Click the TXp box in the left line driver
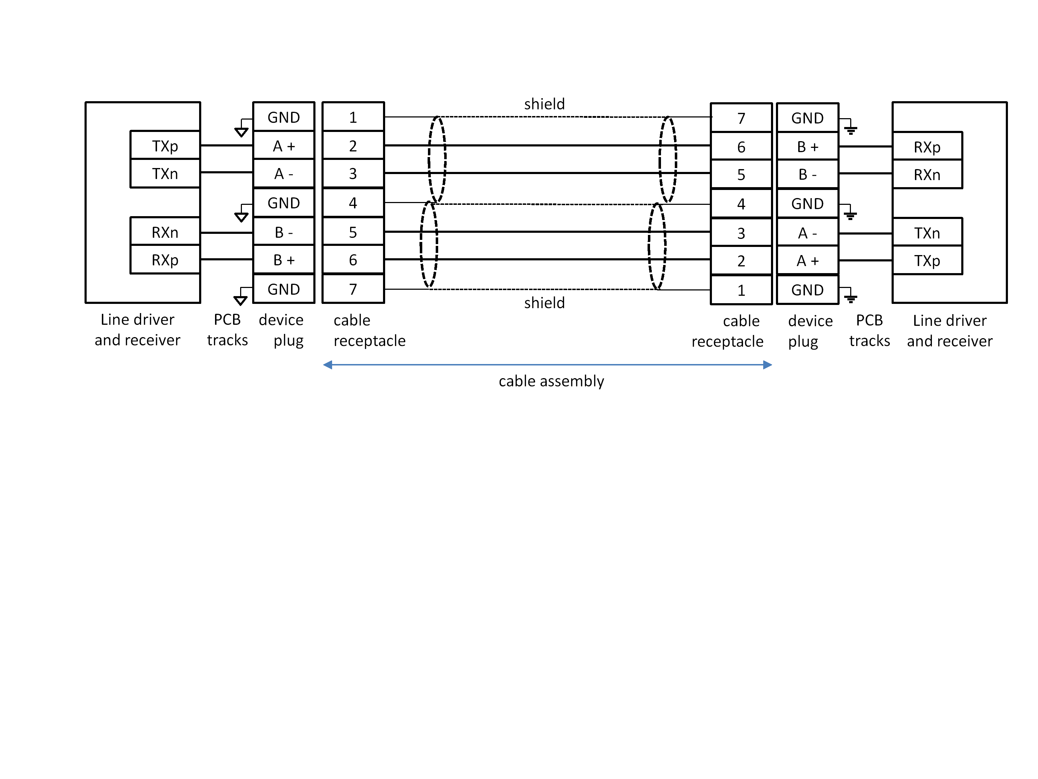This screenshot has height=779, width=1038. click(165, 145)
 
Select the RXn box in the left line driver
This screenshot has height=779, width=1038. click(165, 232)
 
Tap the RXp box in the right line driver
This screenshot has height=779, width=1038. click(927, 147)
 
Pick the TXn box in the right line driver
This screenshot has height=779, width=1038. click(927, 233)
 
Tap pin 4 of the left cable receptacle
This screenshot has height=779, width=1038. click(353, 203)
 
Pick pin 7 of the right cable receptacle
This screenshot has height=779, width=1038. click(741, 118)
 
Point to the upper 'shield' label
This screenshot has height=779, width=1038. click(544, 104)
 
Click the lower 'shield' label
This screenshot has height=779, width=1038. click(544, 303)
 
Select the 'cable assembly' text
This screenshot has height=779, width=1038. click(551, 381)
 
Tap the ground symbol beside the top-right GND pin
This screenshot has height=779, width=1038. click(850, 129)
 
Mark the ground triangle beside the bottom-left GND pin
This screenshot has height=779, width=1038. click(240, 300)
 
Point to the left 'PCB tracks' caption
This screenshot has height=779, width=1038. click(227, 329)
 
